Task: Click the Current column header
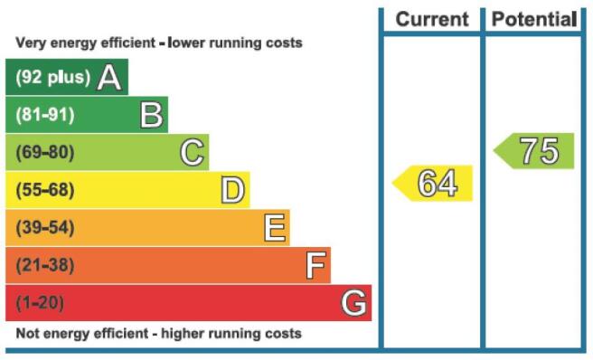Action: [x=432, y=19]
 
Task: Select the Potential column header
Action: [x=534, y=19]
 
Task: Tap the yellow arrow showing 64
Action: [x=432, y=184]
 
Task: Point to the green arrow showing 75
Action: [x=533, y=151]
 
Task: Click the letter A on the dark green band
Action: [x=109, y=77]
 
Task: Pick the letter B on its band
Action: [x=151, y=115]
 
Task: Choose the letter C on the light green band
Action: [x=193, y=153]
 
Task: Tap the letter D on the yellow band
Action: [x=233, y=190]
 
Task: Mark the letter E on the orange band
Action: [x=275, y=228]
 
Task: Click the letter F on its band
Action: [x=315, y=265]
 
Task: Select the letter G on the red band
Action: [x=353, y=303]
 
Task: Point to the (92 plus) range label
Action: [x=53, y=77]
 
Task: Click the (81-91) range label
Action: [x=45, y=115]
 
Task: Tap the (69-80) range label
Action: [x=45, y=153]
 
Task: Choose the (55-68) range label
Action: [x=45, y=190]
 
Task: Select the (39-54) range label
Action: [x=45, y=228]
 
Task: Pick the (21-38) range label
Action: [x=45, y=265]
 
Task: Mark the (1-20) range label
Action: [x=40, y=303]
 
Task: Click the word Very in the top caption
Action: [x=31, y=43]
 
